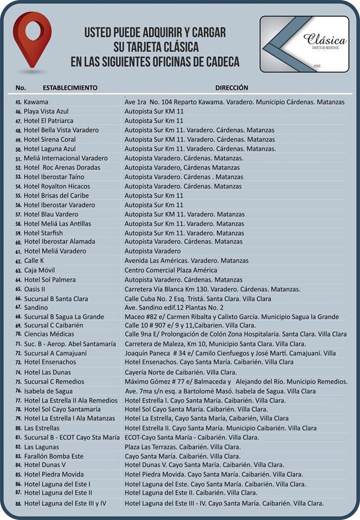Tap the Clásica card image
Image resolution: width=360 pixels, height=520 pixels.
pyautogui.click(x=304, y=44)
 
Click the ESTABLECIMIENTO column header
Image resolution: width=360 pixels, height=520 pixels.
pyautogui.click(x=70, y=87)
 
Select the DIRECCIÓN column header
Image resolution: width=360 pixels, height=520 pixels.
pyautogui.click(x=232, y=87)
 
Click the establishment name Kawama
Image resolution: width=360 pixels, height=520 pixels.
pyautogui.click(x=36, y=102)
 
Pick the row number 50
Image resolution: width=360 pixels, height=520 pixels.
pyautogui.click(x=18, y=149)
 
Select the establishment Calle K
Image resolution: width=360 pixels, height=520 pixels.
pyautogui.click(x=34, y=261)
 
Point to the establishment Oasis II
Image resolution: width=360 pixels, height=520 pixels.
pyautogui.click(x=35, y=289)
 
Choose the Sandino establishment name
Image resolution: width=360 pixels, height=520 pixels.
pyautogui.click(x=36, y=307)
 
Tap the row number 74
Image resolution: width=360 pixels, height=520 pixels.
pyautogui.click(x=18, y=373)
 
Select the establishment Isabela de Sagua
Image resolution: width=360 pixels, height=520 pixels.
pyautogui.click(x=49, y=391)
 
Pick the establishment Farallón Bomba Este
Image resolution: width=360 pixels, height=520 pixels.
pyautogui.click(x=54, y=456)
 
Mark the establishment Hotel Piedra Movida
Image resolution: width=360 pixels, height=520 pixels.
pyautogui.click(x=54, y=474)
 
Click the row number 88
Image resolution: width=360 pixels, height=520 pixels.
pyautogui.click(x=18, y=504)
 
